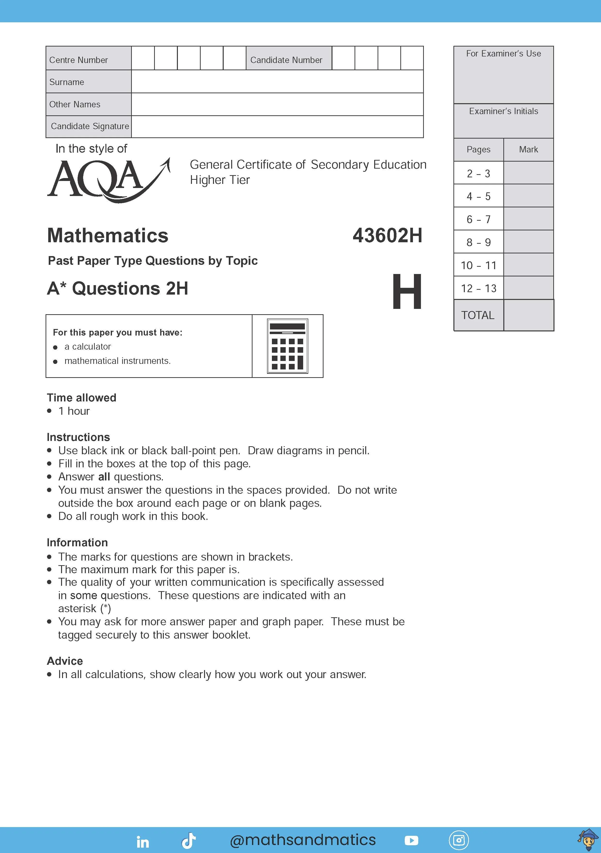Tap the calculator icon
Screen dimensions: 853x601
click(x=287, y=346)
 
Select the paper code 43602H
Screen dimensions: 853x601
click(x=387, y=235)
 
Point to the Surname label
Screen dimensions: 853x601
click(x=67, y=82)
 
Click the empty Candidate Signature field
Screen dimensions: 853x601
click(x=277, y=127)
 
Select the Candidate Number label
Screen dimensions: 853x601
click(x=286, y=60)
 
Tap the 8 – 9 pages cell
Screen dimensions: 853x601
click(x=478, y=242)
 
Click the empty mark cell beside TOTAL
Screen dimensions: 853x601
click(x=528, y=315)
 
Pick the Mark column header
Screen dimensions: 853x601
click(x=528, y=149)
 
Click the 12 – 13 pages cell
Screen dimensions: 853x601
click(x=478, y=288)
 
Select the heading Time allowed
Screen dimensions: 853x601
click(x=81, y=398)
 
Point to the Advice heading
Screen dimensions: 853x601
click(x=65, y=661)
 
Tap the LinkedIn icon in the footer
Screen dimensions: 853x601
click(x=143, y=842)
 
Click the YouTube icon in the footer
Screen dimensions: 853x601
click(x=411, y=840)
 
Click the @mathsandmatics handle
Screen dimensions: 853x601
click(x=303, y=840)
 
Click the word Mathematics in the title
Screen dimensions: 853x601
click(x=108, y=235)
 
